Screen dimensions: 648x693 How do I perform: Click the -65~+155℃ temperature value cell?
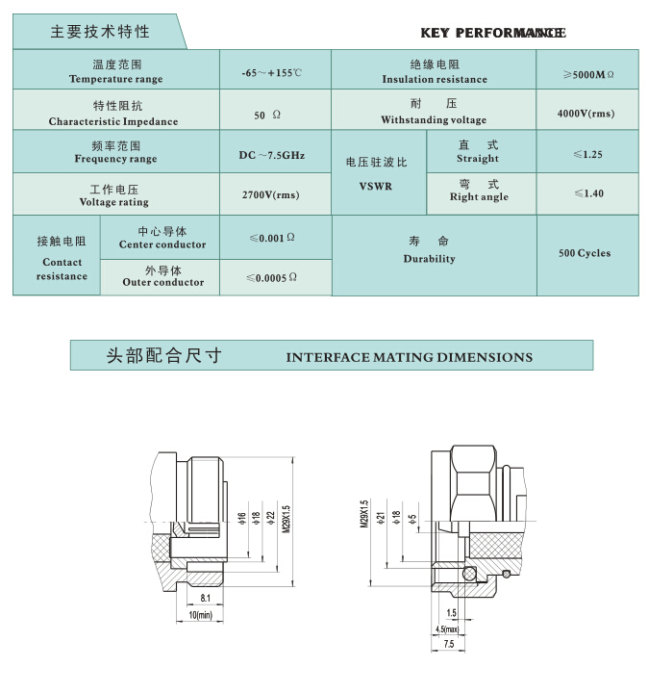click(x=271, y=73)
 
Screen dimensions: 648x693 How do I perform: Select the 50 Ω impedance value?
click(x=267, y=115)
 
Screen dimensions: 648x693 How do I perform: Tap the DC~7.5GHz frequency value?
click(x=271, y=155)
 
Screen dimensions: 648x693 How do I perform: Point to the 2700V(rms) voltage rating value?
click(x=270, y=194)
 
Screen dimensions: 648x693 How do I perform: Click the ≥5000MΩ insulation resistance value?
click(x=588, y=75)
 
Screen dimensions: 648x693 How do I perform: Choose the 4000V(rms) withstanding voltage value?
click(x=586, y=114)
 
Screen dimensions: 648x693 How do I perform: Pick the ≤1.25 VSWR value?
click(x=588, y=154)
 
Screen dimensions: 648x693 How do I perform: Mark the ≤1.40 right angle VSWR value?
click(x=588, y=193)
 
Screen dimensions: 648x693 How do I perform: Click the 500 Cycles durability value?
click(x=585, y=253)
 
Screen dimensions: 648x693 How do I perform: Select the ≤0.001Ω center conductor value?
click(x=272, y=238)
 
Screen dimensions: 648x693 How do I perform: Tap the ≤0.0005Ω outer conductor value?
click(x=271, y=277)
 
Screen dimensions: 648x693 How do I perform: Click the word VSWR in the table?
click(x=376, y=187)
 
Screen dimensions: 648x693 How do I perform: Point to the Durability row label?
click(x=429, y=259)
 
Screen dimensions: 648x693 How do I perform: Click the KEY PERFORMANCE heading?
click(x=493, y=33)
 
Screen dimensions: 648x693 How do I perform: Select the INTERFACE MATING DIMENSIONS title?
click(x=410, y=357)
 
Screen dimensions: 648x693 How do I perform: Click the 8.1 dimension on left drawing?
click(x=205, y=598)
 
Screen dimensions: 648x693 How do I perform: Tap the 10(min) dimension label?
click(x=200, y=615)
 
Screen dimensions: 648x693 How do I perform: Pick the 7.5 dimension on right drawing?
click(x=449, y=644)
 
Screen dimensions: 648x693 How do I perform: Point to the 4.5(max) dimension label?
click(x=447, y=629)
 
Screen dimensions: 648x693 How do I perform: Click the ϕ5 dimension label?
click(x=412, y=520)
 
